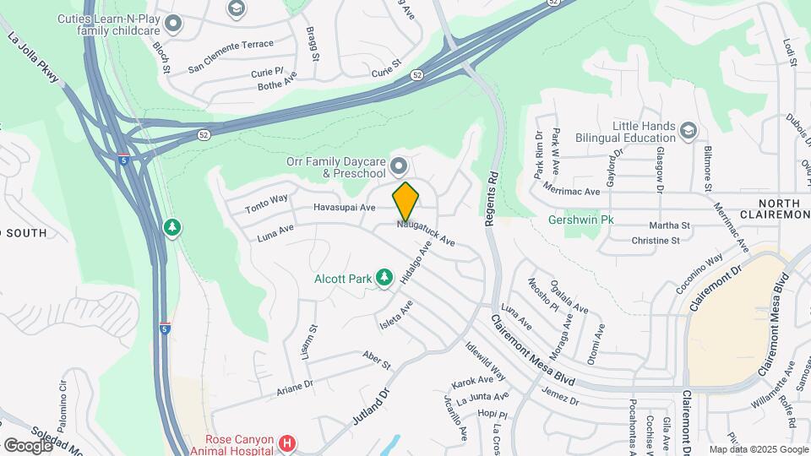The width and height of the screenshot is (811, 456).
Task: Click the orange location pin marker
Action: tap(405, 202)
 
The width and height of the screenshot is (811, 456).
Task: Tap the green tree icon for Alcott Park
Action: tap(384, 277)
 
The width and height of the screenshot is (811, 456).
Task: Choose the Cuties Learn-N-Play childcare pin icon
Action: tap(174, 24)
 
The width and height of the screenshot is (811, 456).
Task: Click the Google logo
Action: tap(28, 444)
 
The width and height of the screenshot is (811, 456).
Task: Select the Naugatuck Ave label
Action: tap(427, 233)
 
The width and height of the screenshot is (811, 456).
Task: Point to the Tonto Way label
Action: tap(267, 204)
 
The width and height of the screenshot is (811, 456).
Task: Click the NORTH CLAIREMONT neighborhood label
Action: tap(783, 209)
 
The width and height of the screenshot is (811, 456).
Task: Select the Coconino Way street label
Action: tap(699, 273)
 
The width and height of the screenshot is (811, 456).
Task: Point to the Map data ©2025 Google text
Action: tap(758, 449)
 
